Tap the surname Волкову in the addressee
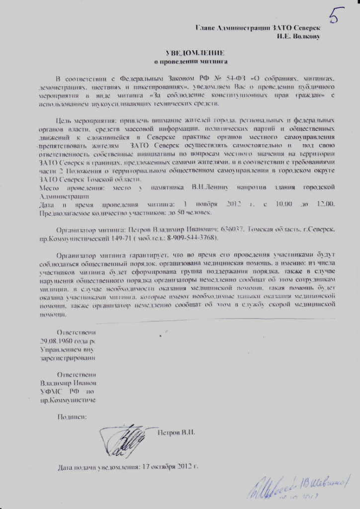click(304, 36)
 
